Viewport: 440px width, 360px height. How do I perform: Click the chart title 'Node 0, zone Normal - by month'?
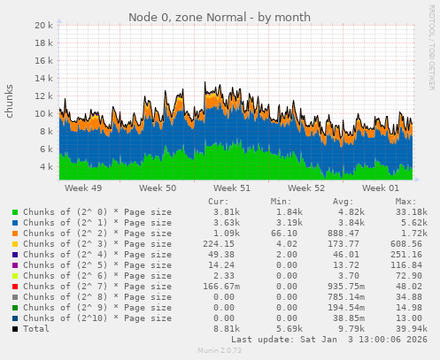coord(220,17)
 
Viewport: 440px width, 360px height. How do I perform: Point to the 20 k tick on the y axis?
coord(44,26)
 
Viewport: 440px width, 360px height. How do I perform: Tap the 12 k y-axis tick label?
coord(44,96)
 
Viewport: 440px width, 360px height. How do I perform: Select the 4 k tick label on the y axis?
coord(47,165)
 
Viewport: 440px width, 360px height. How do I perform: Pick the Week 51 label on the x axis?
coord(233,188)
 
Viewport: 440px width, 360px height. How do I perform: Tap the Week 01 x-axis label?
coord(382,188)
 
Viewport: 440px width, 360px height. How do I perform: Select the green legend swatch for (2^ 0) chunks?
coord(14,213)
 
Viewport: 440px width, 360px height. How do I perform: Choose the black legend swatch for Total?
coord(14,328)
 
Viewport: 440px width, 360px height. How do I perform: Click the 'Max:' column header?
coord(406,201)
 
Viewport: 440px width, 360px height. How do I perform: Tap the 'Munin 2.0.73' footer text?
coord(219,351)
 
